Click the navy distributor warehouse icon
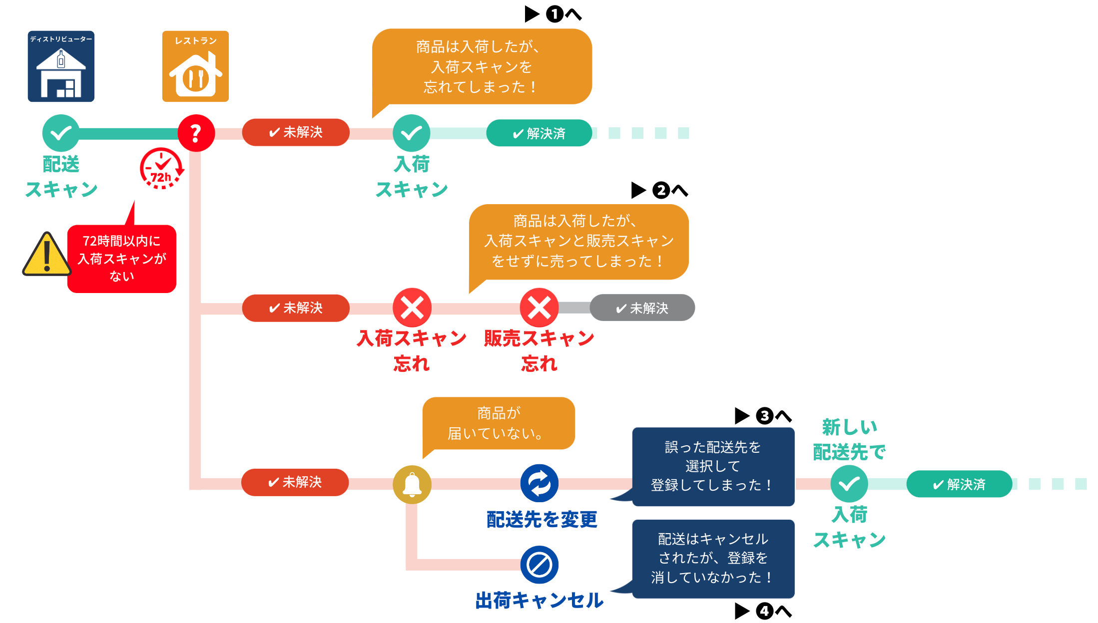click(61, 66)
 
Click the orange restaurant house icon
click(195, 66)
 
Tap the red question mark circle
click(196, 133)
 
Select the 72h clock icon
click(161, 168)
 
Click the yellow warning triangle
click(47, 254)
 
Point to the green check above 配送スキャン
click(61, 133)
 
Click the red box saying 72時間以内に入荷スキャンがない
click(122, 259)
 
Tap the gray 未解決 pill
click(642, 308)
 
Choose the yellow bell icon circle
click(412, 484)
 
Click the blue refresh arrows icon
click(540, 483)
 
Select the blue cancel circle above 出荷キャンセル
click(540, 565)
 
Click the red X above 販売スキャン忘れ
click(540, 308)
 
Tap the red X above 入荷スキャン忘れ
click(412, 308)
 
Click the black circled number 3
click(764, 416)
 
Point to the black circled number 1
click(554, 14)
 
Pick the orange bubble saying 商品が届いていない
click(499, 423)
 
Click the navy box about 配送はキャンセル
click(713, 559)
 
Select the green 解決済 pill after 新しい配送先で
click(959, 484)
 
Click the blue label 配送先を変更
click(542, 519)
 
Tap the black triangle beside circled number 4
click(742, 611)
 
